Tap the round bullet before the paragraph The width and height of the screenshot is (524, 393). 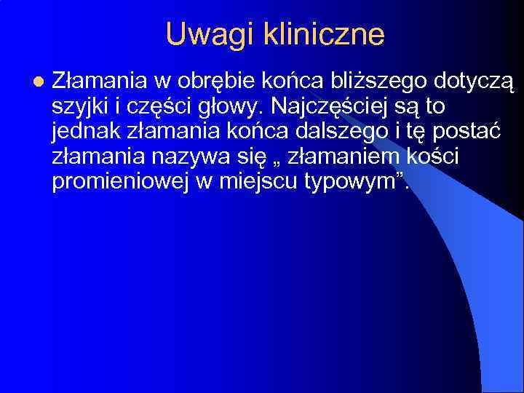tap(38, 82)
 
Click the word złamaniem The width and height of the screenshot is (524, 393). tap(348, 157)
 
